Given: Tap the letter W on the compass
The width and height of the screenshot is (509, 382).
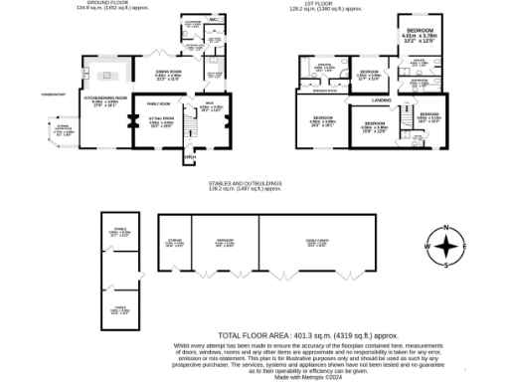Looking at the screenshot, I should pyautogui.click(x=428, y=246).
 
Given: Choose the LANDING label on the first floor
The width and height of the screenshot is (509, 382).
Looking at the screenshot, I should pyautogui.click(x=380, y=98).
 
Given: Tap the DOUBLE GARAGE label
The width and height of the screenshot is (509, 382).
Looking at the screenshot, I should pyautogui.click(x=316, y=240).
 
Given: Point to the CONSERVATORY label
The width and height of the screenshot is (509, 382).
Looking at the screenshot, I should pyautogui.click(x=52, y=96).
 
